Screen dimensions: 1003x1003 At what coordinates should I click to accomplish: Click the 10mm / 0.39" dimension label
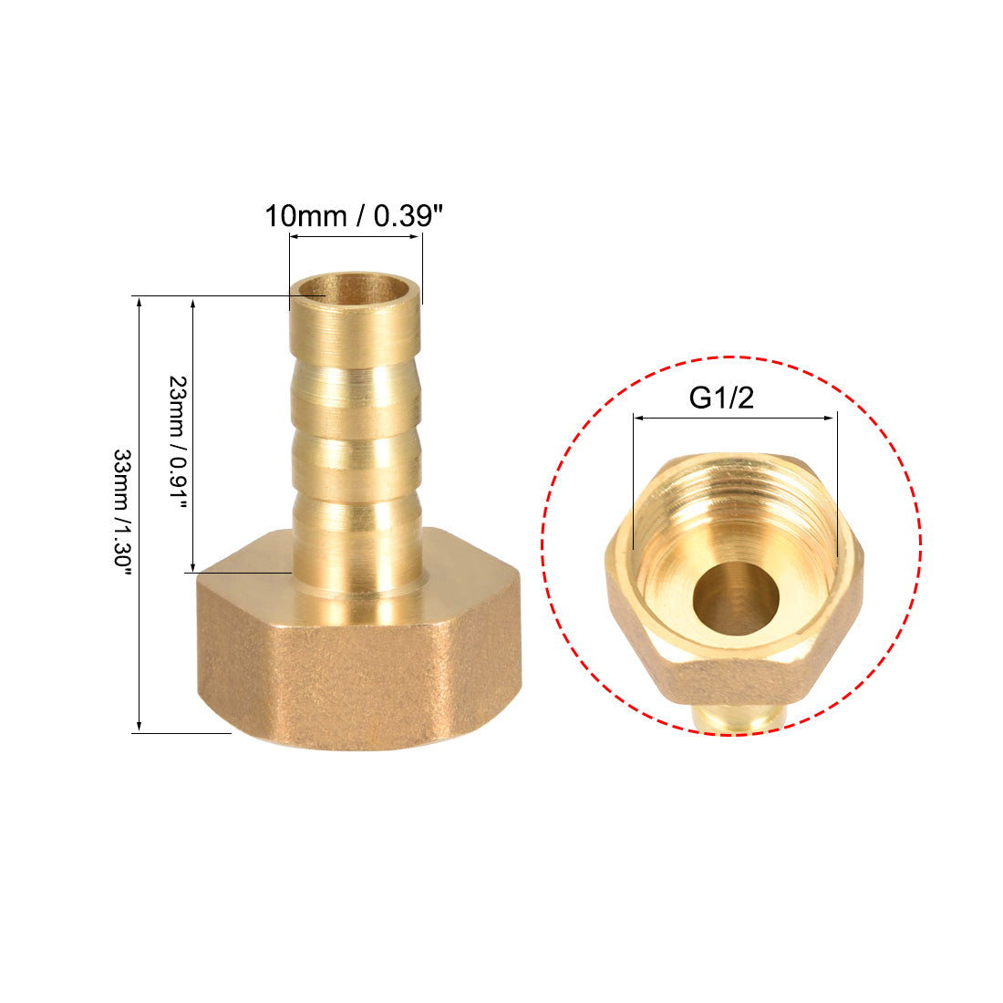click(x=355, y=216)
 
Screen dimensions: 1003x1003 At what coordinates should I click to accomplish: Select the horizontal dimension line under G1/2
click(x=734, y=419)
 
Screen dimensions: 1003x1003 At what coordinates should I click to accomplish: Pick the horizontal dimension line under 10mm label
click(x=356, y=238)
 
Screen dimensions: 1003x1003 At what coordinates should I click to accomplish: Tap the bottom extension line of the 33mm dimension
click(x=182, y=732)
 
